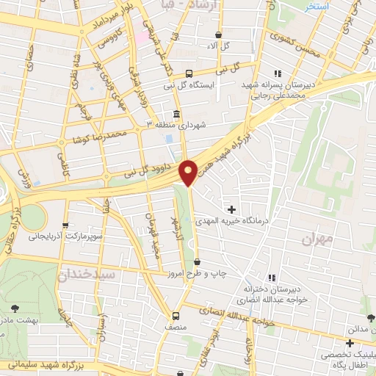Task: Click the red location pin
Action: tap(189, 171)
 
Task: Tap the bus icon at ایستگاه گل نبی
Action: tap(189, 73)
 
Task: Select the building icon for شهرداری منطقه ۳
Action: tap(176, 115)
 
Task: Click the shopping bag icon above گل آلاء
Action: tap(219, 35)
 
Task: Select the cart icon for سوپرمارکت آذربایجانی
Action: tap(66, 225)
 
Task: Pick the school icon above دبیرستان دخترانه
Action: tap(272, 278)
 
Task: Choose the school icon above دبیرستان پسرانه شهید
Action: tap(277, 73)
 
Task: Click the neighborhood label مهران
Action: tap(317, 239)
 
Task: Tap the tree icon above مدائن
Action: tap(370, 317)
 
